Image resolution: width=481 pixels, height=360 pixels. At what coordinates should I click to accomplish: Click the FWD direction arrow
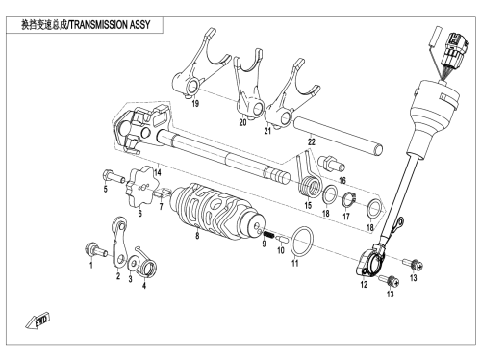38,320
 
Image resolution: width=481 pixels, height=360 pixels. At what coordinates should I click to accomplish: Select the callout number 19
195,103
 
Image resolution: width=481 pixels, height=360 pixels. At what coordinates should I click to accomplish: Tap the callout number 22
312,141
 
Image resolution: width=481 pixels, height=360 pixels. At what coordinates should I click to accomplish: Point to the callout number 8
197,236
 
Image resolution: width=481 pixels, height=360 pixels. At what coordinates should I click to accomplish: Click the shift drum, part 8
218,212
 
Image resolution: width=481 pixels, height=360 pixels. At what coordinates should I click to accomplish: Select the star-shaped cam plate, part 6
143,186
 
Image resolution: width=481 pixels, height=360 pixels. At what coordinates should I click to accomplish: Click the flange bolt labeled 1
94,249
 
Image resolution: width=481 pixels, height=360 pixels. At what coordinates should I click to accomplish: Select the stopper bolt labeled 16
332,163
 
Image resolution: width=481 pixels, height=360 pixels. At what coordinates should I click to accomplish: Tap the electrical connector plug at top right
455,49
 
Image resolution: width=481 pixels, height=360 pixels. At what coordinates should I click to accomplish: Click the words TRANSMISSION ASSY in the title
110,25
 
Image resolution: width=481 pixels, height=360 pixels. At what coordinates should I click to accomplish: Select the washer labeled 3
133,264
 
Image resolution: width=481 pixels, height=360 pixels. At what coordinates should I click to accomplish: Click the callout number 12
364,285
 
